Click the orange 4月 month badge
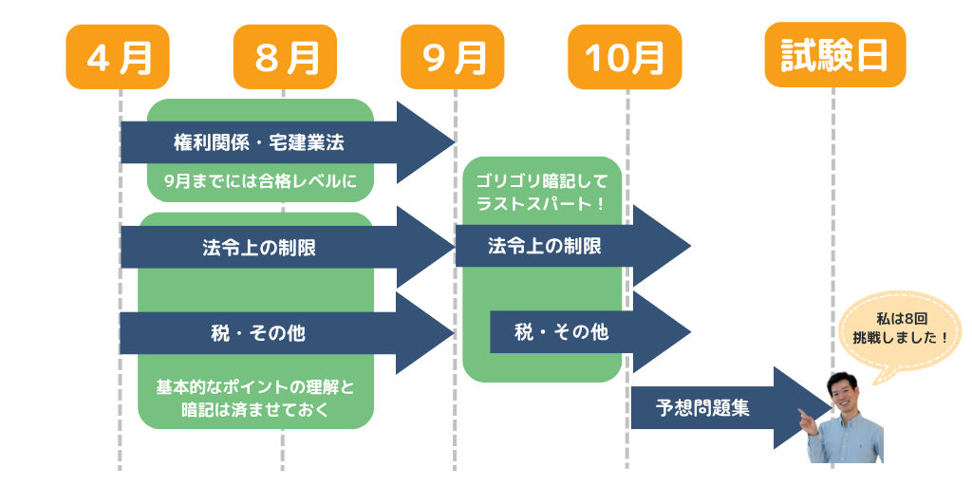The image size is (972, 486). point(118,57)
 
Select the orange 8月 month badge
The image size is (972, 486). point(285,57)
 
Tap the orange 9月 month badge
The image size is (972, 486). point(453,57)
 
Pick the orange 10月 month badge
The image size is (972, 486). point(625,57)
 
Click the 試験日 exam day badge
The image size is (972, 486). point(835,54)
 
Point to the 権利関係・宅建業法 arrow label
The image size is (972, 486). point(259,143)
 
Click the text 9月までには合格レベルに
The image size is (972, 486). point(261,181)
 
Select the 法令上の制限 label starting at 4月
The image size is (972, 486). point(259,248)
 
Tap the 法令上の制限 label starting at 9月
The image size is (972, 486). point(544,246)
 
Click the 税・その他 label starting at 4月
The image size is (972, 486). point(258,333)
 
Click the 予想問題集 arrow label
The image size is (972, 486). point(702,409)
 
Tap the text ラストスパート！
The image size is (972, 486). point(542,204)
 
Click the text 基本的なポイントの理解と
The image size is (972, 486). point(254,388)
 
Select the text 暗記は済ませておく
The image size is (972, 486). point(254,410)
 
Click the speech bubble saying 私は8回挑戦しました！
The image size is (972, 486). point(900,331)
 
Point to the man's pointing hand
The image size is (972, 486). point(808,422)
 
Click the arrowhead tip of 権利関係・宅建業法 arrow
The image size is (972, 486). point(456,142)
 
